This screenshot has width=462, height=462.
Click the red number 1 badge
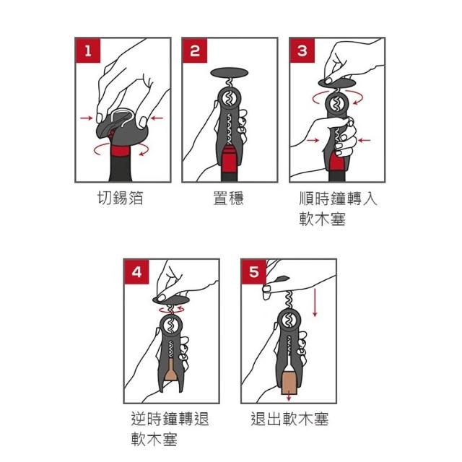pos(88,51)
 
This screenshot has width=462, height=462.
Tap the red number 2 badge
pos(195,51)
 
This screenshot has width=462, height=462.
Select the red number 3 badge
pos(302,51)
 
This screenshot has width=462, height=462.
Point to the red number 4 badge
pos(136,271)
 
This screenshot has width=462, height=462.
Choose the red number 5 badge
pos(253,271)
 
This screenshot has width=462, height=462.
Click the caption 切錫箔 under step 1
pos(121,198)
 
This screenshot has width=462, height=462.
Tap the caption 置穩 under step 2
pos(229,198)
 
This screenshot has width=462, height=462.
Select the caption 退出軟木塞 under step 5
pos(289,419)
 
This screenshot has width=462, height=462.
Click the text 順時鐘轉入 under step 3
pos(338,198)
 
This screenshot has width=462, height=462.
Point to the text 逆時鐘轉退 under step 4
pos(170,419)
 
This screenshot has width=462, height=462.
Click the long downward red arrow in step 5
pos(315,303)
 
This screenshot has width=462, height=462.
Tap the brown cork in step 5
pos(289,383)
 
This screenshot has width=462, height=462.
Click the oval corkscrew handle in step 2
pos(230,73)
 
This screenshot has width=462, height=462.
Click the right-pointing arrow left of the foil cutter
pos(87,118)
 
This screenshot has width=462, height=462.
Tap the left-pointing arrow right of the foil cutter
pos(157,118)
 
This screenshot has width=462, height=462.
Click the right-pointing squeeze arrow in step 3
pos(313,140)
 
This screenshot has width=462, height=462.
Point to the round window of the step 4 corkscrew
pos(171,326)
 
